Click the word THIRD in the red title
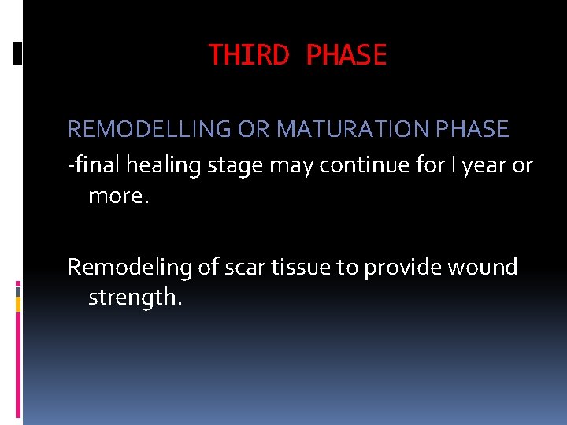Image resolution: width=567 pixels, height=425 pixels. (248, 55)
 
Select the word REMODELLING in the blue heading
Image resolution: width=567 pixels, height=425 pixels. (150, 129)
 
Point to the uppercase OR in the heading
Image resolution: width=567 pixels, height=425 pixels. (253, 129)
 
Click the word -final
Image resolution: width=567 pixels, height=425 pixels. (94, 166)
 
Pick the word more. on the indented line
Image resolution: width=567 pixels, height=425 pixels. (118, 195)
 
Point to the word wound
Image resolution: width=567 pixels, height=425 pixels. (483, 268)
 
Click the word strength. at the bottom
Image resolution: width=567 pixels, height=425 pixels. (135, 297)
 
